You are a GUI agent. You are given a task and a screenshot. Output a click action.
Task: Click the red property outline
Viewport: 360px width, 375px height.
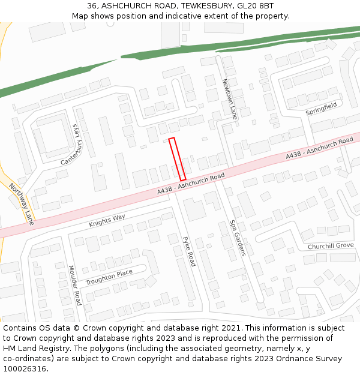point(177,159)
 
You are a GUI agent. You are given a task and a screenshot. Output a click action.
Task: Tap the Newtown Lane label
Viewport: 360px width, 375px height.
point(229,99)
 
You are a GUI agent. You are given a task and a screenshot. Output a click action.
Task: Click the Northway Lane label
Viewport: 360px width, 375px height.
point(22,204)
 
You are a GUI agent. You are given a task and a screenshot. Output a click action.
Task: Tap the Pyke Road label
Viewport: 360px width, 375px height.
point(189,251)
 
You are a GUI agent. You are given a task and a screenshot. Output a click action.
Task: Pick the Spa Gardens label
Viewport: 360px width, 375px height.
point(237,238)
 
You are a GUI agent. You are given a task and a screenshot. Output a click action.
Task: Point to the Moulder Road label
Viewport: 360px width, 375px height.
point(74,285)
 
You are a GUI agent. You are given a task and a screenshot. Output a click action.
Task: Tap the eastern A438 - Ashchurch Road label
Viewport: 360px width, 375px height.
point(319,148)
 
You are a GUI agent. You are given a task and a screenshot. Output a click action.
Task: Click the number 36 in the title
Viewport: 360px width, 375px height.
point(92,6)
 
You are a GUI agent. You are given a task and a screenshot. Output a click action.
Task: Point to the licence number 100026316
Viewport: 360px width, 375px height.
point(25,368)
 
